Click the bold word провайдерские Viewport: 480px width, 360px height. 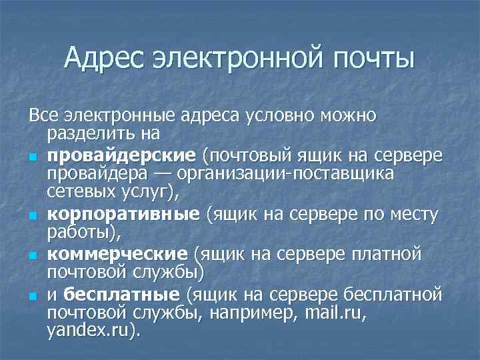[x=121, y=155]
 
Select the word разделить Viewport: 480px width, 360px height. [x=87, y=134]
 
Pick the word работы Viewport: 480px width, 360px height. [x=80, y=233]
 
